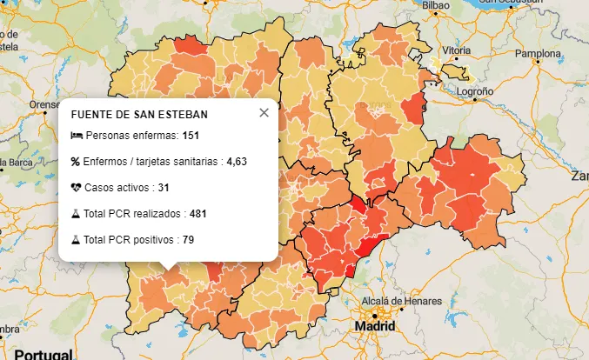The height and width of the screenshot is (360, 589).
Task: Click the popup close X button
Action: click(264, 113)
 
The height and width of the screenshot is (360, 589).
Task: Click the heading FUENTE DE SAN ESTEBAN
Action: click(139, 115)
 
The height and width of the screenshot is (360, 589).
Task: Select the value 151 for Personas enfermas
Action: click(191, 136)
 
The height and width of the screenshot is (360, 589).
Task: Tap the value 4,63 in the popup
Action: click(237, 161)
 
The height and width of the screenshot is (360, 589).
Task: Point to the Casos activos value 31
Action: click(164, 187)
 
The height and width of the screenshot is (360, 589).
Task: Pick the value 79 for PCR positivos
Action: click(188, 239)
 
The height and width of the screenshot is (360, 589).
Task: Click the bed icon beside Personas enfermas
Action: click(77, 136)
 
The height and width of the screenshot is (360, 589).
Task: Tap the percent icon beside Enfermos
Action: click(76, 161)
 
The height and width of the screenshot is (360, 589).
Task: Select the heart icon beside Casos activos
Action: click(77, 187)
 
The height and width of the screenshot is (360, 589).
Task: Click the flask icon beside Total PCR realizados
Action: click(76, 213)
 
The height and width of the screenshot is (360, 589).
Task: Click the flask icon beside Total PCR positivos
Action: click(76, 239)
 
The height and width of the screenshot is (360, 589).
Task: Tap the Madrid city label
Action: click(374, 326)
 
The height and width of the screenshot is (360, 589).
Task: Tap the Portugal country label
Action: click(42, 354)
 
